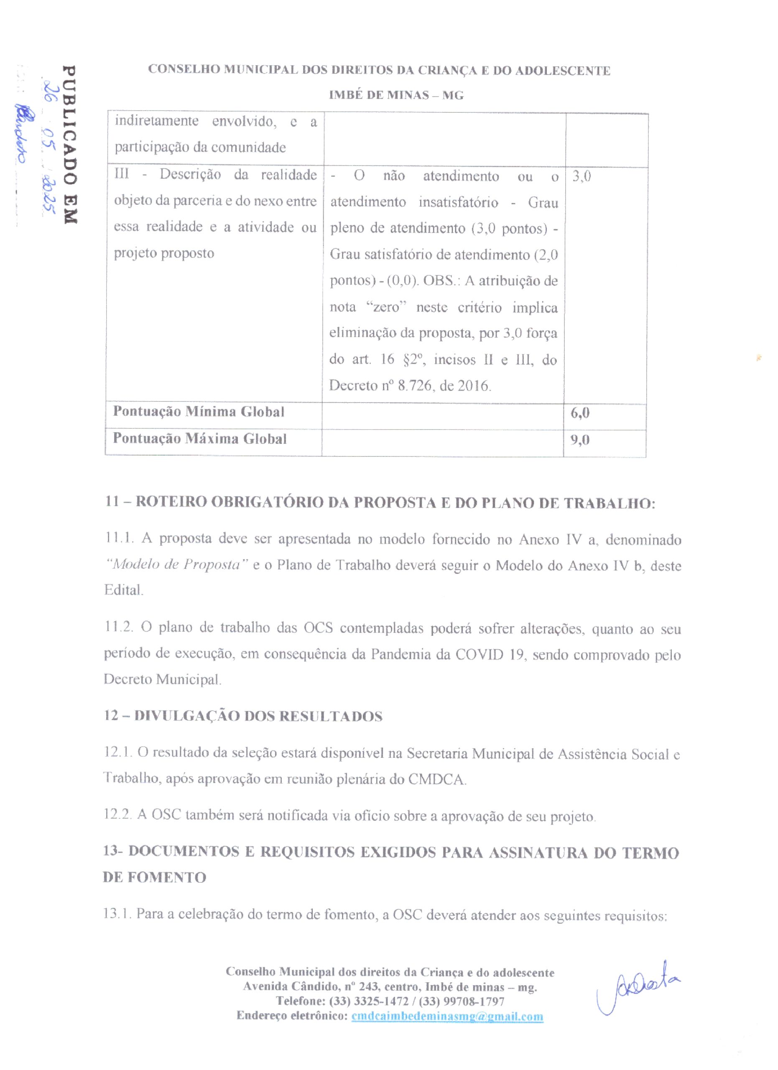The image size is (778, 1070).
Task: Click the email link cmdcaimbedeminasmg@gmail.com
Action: coord(447,1016)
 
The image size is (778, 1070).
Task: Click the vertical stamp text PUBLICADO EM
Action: coord(69,144)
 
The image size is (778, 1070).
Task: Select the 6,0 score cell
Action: coord(580,413)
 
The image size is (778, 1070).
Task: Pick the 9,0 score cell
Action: coord(580,440)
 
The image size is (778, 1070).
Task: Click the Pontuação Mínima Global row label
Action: coord(199,412)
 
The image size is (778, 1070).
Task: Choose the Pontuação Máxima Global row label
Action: coord(199,439)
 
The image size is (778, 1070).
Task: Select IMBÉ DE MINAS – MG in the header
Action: coord(396,95)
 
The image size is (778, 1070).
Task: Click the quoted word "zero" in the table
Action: coord(386,307)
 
